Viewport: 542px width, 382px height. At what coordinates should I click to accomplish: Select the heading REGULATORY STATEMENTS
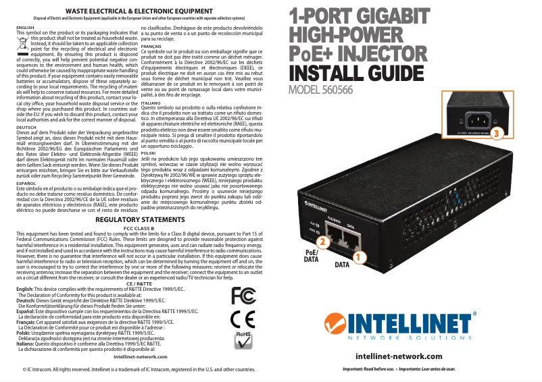click(x=141, y=220)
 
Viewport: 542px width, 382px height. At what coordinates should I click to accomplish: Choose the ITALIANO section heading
click(x=151, y=102)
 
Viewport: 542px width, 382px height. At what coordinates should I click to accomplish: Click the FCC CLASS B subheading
click(x=141, y=228)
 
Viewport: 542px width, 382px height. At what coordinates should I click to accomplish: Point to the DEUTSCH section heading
click(x=26, y=127)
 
